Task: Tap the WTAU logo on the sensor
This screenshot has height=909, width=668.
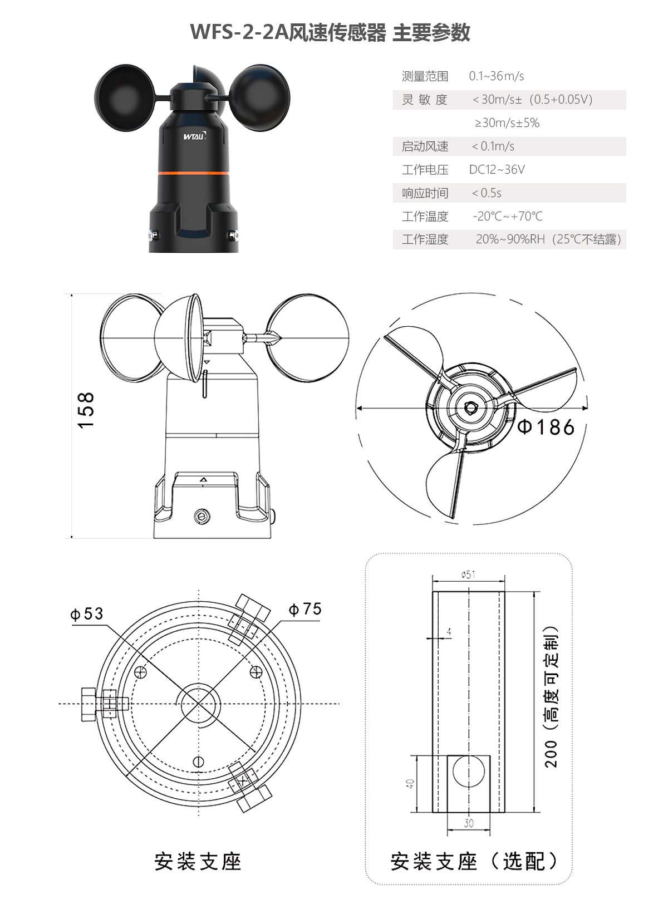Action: click(x=194, y=135)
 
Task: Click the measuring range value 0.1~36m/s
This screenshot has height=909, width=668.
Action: click(x=496, y=76)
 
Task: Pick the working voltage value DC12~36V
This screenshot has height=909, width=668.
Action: click(x=497, y=170)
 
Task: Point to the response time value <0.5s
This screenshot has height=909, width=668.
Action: click(x=487, y=193)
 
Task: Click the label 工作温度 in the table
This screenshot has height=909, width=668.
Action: click(x=425, y=217)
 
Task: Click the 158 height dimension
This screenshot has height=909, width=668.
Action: click(x=86, y=410)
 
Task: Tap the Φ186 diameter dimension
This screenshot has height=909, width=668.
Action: click(x=546, y=427)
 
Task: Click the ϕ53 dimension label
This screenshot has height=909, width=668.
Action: click(x=86, y=613)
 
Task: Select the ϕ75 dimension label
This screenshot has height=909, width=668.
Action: click(x=305, y=609)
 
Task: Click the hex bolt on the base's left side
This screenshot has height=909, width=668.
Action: click(x=89, y=704)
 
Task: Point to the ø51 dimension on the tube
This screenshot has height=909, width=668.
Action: click(x=468, y=574)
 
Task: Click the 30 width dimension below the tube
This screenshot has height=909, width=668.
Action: click(x=469, y=823)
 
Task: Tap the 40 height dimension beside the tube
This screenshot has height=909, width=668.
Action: click(x=410, y=783)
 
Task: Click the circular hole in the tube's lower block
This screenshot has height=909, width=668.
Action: click(x=469, y=772)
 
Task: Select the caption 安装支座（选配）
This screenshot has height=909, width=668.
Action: click(x=473, y=861)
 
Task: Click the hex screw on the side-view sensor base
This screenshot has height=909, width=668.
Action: click(x=203, y=517)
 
